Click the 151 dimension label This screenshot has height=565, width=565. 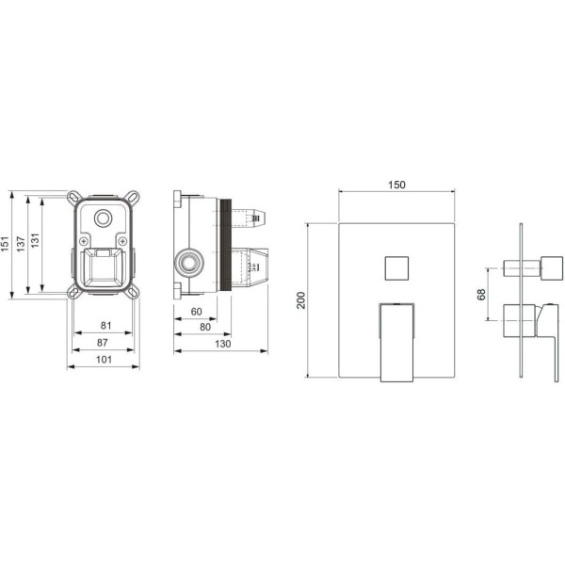click(x=5, y=244)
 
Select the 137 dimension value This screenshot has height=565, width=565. click(x=21, y=244)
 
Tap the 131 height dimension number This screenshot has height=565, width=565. click(x=35, y=240)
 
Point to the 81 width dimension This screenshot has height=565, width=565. click(x=105, y=326)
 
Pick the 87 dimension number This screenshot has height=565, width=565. click(x=103, y=343)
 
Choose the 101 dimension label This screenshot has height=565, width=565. click(x=104, y=360)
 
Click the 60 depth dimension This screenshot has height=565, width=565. click(x=197, y=312)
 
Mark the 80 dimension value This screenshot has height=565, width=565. click(x=205, y=327)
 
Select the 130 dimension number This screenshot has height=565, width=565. click(x=222, y=344)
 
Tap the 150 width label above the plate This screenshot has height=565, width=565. click(x=396, y=185)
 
